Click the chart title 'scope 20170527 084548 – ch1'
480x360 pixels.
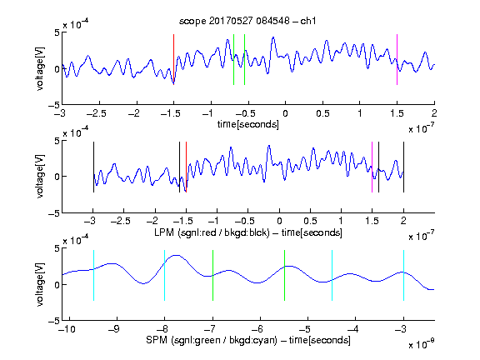pos(247,21)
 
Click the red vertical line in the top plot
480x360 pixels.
pos(174,59)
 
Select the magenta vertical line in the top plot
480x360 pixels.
pos(397,59)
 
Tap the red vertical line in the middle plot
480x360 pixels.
pos(186,167)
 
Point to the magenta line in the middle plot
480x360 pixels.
pos(372,167)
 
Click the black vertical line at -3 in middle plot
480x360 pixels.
pos(93,167)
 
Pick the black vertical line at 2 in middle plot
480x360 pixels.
pos(404,167)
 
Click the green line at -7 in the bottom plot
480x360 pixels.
pos(212,276)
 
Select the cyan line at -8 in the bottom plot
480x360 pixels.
pos(165,276)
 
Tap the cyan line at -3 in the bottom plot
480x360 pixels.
pos(404,276)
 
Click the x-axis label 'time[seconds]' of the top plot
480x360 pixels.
pos(248,124)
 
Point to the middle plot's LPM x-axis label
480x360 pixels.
pos(248,232)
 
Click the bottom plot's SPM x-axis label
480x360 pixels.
pos(248,340)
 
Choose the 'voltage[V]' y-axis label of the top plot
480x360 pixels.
pos(40,68)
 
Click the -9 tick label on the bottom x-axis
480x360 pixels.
pos(114,329)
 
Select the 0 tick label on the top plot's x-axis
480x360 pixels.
pos(285,113)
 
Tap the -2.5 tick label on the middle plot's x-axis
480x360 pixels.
pos(120,221)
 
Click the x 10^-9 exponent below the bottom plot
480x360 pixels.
pos(421,344)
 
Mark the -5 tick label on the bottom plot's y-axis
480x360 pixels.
pos(54,321)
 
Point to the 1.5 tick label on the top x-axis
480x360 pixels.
pos(397,113)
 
